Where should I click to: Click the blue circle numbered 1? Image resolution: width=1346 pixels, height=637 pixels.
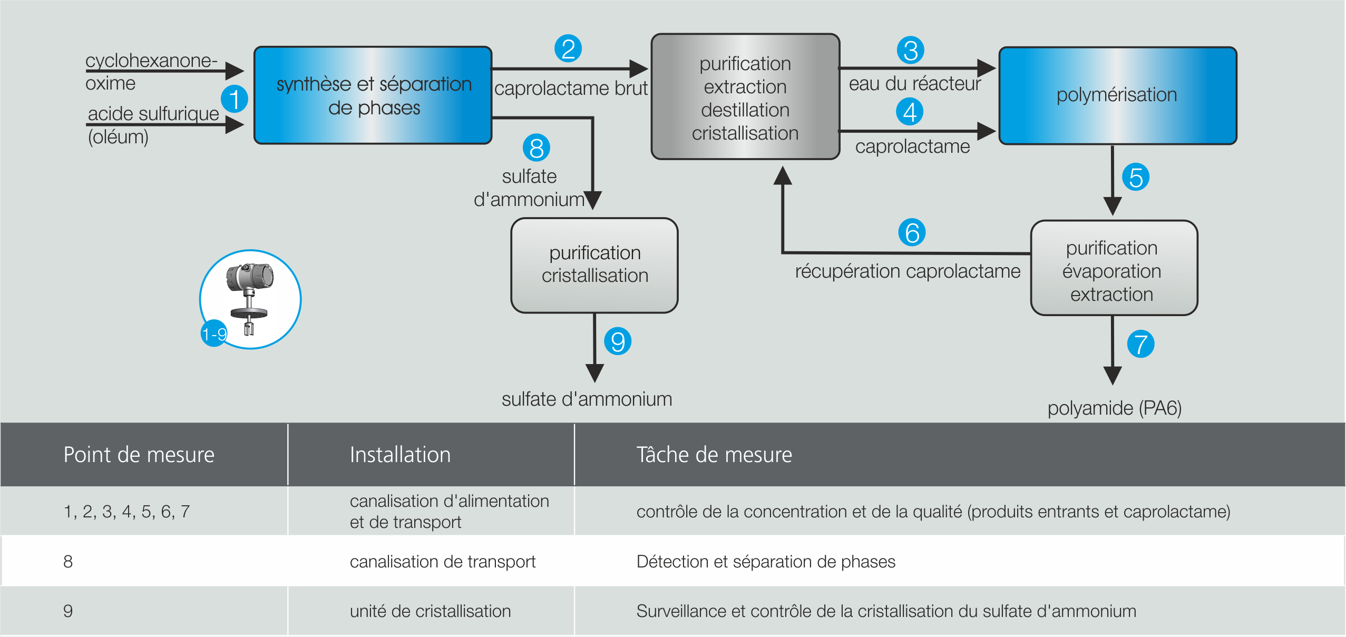pos(235,99)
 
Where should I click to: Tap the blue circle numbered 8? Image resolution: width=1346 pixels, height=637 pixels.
pos(536,148)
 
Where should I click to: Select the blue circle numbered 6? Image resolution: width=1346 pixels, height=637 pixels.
pos(912,232)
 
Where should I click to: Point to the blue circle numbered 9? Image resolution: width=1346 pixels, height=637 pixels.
pos(618,341)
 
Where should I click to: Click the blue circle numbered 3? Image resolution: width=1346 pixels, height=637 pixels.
pos(910,51)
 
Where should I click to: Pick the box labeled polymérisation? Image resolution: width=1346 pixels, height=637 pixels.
pos(1117,95)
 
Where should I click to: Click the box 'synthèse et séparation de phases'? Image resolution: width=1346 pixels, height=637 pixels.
pos(373,95)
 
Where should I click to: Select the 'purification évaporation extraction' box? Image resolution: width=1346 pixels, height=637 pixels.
pos(1114,268)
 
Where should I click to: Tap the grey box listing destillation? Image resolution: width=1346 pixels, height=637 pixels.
pos(745,97)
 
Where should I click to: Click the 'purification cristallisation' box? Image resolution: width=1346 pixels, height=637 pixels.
pos(594,265)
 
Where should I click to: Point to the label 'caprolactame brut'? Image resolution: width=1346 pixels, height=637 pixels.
pos(571,89)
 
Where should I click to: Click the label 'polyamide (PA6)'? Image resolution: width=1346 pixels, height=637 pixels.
pos(1114,408)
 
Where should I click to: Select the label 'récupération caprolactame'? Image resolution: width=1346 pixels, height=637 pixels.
pos(908,271)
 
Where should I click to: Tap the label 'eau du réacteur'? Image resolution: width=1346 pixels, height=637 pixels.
pos(914,84)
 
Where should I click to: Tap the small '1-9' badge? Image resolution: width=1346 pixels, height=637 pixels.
pos(214,334)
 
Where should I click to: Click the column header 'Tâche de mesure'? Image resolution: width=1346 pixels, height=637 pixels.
pos(714,455)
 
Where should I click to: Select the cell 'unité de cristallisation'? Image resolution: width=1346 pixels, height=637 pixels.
pos(430,611)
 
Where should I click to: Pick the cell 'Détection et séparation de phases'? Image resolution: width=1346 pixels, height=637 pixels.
pos(766,562)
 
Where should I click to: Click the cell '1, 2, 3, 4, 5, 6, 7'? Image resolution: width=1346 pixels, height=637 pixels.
pos(126,512)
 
